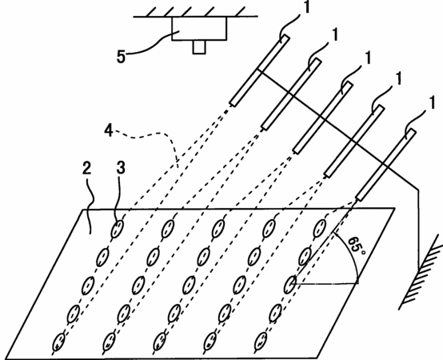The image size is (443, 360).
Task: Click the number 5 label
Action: click(x=121, y=56)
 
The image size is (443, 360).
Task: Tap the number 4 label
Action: click(x=109, y=130)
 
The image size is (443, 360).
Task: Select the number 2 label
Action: click(x=86, y=168)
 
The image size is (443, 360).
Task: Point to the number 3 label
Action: click(x=121, y=168)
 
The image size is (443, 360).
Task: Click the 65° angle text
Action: click(x=357, y=246)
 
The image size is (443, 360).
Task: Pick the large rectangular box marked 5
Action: click(x=199, y=29)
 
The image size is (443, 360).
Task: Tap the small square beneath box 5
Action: click(x=199, y=47)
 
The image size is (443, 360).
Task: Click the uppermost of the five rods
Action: click(x=259, y=70)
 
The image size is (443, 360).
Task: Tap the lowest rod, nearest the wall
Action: click(x=385, y=165)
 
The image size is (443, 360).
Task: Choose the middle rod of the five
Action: click(x=322, y=118)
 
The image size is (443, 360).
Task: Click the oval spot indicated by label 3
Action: click(x=117, y=229)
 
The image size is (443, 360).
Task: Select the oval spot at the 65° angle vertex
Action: click(x=290, y=285)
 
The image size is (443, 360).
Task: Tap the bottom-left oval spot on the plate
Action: click(x=58, y=342)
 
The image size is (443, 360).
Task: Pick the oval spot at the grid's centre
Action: click(x=189, y=285)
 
